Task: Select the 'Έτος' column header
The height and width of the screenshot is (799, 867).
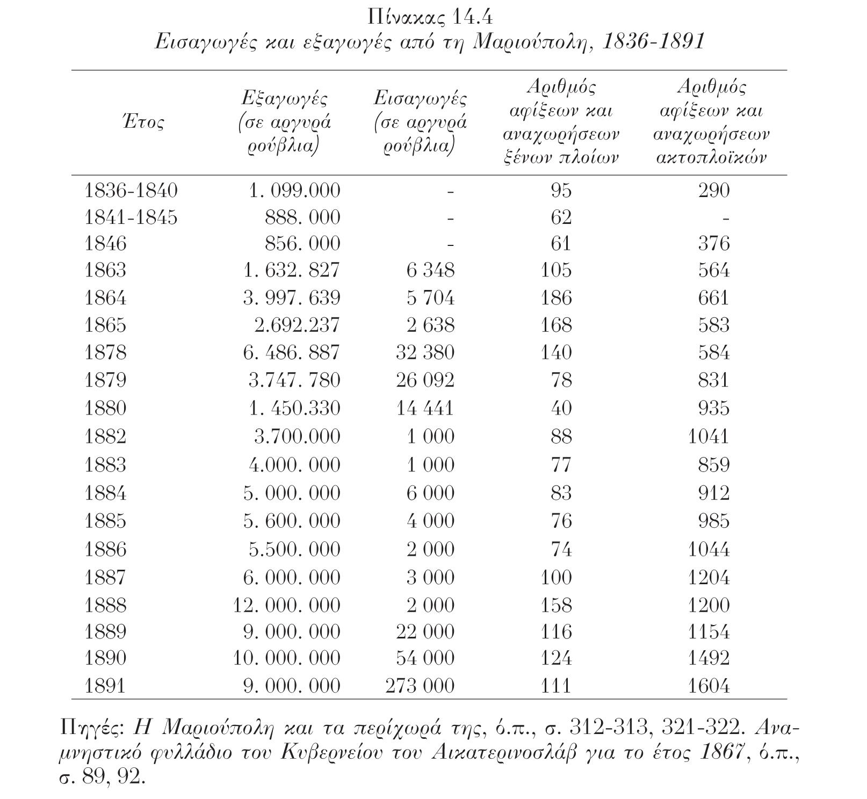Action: (142, 122)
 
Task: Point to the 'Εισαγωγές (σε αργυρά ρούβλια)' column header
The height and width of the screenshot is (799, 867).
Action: (420, 122)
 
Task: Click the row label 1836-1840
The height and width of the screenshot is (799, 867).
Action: (131, 191)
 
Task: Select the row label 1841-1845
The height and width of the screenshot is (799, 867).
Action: (131, 217)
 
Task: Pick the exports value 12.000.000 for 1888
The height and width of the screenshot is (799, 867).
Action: (286, 605)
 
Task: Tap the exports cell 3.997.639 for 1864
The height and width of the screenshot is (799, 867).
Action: (292, 297)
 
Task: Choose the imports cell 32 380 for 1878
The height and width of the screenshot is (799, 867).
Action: (425, 352)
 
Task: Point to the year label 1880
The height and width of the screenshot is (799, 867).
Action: (105, 408)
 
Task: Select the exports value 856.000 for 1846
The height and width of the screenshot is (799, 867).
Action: (302, 244)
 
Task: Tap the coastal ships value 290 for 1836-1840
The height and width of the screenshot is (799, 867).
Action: (714, 191)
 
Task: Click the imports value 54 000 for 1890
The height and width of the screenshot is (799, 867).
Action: (425, 658)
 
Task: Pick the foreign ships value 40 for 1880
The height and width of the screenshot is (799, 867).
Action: (561, 408)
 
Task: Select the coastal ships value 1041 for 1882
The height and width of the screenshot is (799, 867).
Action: (709, 436)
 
